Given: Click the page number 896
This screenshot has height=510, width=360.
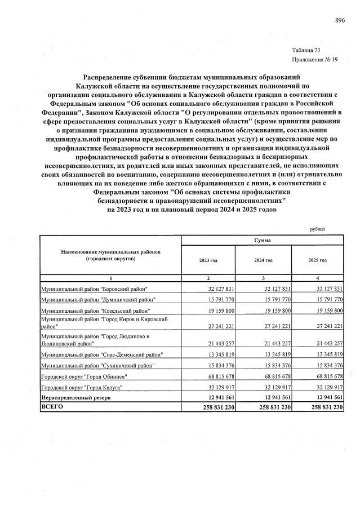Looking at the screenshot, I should coord(339,20).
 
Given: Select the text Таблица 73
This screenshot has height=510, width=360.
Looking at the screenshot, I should coord(306,50).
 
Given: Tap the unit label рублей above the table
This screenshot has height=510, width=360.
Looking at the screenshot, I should coord(318,229).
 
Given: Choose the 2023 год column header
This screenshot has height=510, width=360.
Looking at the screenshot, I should coord(208,260).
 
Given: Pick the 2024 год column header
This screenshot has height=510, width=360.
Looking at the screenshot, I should coord(263,260).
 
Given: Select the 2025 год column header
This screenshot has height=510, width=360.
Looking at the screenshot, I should coord(318,260).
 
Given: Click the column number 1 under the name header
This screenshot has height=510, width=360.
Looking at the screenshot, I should coord(110,278).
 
